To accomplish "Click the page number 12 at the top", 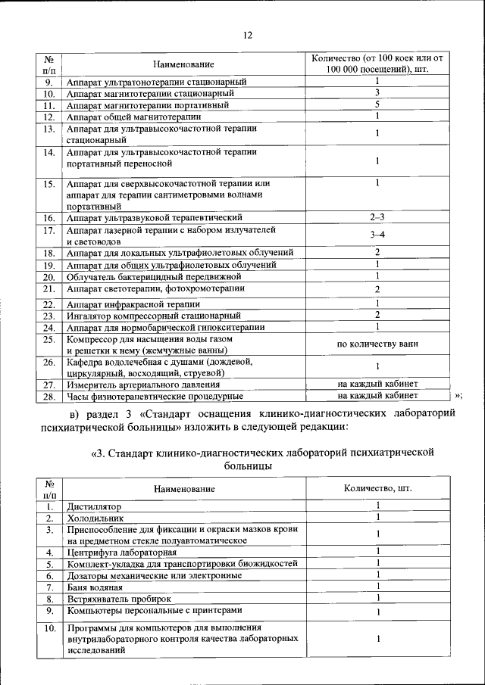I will pos(247,35).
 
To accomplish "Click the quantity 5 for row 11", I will pos(377,104).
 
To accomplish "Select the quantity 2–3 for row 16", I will pos(377,217).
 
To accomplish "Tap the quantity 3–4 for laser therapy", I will pos(377,235).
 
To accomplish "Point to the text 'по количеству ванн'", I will pos(377,344).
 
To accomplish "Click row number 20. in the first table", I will pos(48,276).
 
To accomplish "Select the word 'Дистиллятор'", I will pos(93,506).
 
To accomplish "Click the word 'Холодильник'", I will pos(95,518).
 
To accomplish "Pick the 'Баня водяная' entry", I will pos(94,587).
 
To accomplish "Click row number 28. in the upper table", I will pos(48,396).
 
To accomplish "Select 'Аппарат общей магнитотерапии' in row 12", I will pos(134,117).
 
